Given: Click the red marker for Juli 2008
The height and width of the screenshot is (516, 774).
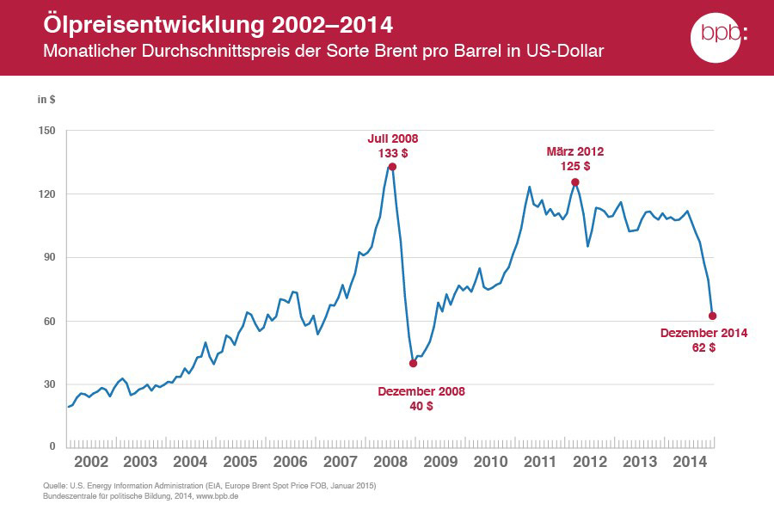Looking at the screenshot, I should [392, 167].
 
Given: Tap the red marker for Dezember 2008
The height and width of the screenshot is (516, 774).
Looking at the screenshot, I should [414, 363].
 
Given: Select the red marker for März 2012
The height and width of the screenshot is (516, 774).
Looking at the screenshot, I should [574, 182].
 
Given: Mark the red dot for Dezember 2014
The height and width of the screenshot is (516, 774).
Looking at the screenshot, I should [712, 316].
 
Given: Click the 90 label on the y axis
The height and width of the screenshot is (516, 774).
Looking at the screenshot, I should [48, 257].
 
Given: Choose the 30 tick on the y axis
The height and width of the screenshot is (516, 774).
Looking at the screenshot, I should [48, 384].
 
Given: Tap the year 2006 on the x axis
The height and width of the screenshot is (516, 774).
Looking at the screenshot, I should [291, 462].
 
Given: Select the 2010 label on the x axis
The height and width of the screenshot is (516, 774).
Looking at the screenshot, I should [490, 462].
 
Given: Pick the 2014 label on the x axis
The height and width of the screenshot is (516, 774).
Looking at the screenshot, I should [690, 462].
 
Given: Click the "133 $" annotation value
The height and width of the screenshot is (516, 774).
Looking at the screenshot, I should [393, 152].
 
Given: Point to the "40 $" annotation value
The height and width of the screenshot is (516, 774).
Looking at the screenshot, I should [421, 405].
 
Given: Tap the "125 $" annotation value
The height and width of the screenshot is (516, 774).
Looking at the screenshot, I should [575, 166].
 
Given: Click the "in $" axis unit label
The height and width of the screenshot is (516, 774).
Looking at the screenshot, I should [46, 99].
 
